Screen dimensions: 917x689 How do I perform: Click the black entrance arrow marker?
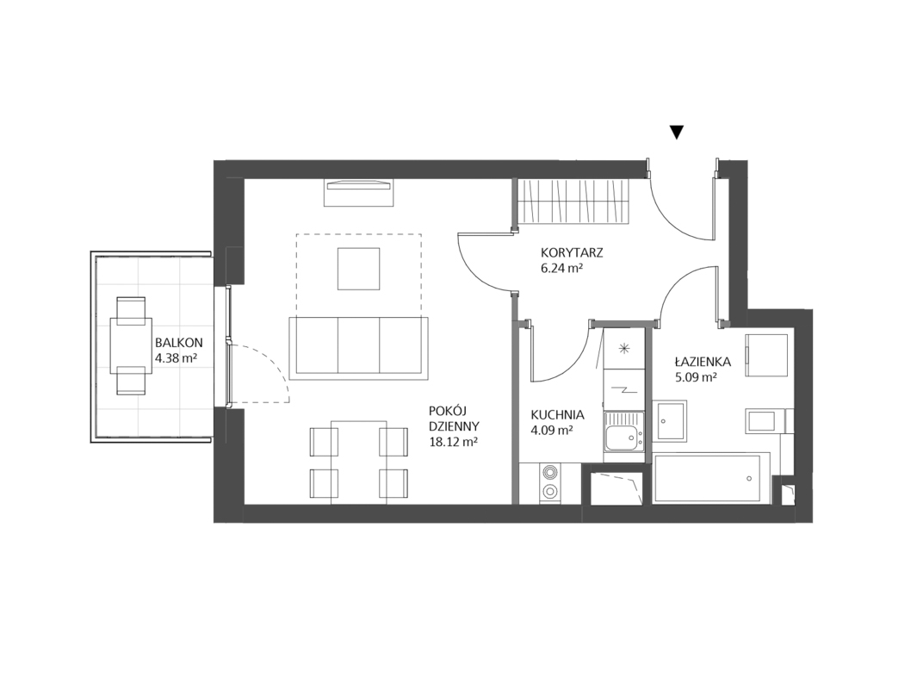(x=677, y=133)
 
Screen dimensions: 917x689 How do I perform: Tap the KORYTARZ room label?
(x=572, y=253)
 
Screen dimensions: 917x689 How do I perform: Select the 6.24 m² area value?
(x=563, y=269)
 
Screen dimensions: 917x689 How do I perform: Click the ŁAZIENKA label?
(x=702, y=362)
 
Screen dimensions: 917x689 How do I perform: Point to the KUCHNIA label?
(x=557, y=415)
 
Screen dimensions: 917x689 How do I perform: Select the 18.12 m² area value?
(x=453, y=442)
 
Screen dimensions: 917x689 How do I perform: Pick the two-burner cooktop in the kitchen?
(x=550, y=481)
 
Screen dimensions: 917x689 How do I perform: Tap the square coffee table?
(x=358, y=269)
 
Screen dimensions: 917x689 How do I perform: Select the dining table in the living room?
(x=358, y=461)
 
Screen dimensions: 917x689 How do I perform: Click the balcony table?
(x=131, y=345)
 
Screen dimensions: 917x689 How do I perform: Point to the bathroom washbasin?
(x=672, y=421)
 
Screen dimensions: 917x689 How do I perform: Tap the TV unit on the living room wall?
(x=358, y=192)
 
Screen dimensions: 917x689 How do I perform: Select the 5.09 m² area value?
(x=697, y=378)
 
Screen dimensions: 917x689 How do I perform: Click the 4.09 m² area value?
(x=551, y=431)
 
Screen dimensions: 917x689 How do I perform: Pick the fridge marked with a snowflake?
(x=623, y=349)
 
